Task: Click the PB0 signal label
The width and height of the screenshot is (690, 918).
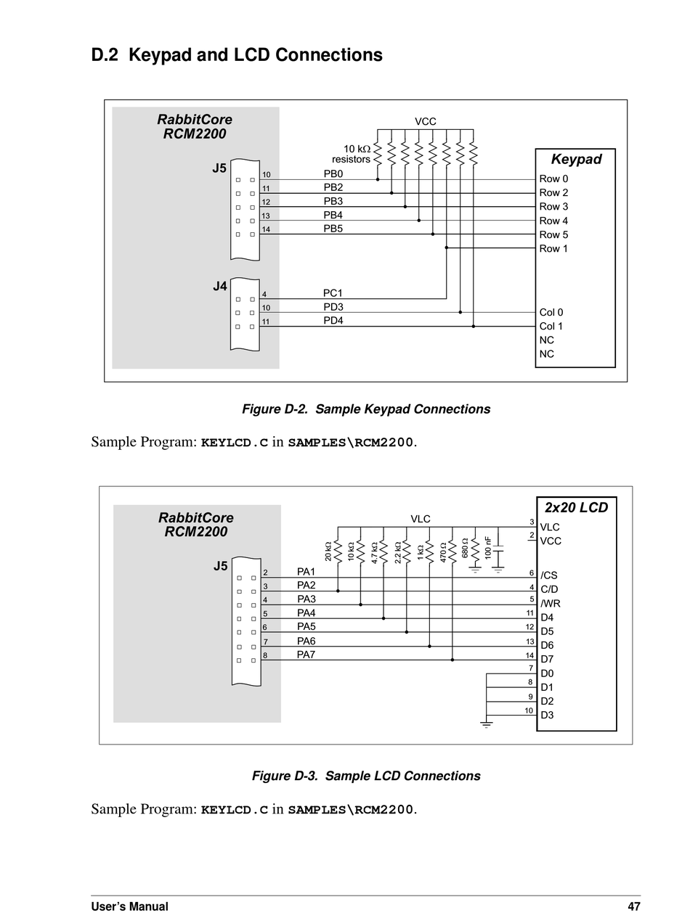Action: [333, 173]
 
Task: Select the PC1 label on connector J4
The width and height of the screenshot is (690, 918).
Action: [333, 293]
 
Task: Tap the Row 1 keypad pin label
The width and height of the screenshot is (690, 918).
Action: [553, 248]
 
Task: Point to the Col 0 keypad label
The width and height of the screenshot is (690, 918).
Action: [551, 313]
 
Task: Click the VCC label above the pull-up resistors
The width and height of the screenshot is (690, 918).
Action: [425, 122]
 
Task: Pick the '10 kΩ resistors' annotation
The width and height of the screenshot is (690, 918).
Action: [351, 154]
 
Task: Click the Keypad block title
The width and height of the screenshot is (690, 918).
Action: [576, 160]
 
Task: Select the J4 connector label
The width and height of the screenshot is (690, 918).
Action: [219, 286]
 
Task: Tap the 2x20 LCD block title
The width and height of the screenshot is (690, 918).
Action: [576, 507]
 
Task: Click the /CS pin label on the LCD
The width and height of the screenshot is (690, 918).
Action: [548, 575]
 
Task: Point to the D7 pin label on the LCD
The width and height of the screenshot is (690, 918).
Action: [547, 659]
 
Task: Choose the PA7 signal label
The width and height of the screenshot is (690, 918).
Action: [306, 655]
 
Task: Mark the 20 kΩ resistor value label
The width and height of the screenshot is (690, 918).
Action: [328, 552]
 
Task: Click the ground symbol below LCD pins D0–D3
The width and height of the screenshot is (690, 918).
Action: [486, 724]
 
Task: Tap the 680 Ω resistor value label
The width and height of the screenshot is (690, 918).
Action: [464, 548]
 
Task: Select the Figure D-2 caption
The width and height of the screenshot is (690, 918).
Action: [366, 409]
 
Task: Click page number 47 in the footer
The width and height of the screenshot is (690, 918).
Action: [634, 906]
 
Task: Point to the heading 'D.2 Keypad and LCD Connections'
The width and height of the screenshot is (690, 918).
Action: [237, 54]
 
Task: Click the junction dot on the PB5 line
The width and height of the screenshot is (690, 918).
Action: [433, 234]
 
